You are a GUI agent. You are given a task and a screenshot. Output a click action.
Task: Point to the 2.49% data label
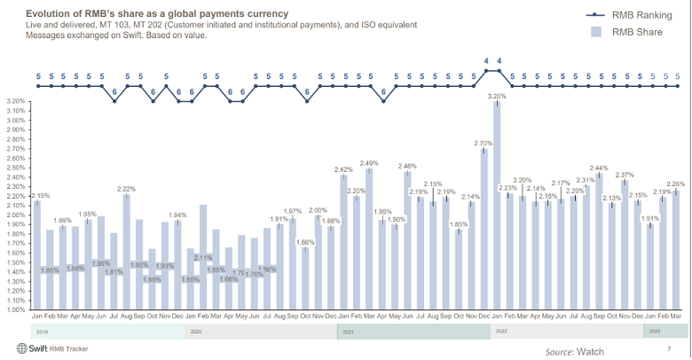coord(369,162)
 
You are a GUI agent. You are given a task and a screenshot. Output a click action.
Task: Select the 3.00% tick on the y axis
coord(16,120)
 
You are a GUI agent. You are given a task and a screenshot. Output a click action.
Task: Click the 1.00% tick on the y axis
coord(16,310)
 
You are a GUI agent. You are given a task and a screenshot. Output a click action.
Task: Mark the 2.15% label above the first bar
coord(40,194)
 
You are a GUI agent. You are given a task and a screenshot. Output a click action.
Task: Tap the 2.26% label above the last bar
coord(676,184)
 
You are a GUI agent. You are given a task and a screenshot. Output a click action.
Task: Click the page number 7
coord(668,348)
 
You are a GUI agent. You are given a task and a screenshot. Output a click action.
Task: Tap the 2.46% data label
coord(407,166)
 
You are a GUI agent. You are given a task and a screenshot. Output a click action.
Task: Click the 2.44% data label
coord(600,168)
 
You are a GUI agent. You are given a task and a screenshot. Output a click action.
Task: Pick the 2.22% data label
coord(126,188)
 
